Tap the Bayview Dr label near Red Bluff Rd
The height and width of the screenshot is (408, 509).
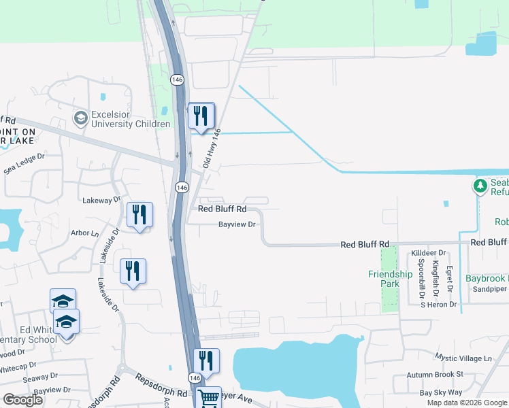point(237,224)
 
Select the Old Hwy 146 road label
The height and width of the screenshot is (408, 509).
point(212,148)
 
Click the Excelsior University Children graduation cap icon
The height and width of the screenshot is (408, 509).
point(81,118)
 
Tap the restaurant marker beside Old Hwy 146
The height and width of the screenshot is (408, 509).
point(201,116)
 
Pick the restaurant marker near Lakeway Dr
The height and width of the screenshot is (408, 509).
point(139,216)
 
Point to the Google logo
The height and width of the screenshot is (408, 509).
point(23,400)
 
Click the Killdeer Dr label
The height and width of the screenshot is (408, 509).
point(429,253)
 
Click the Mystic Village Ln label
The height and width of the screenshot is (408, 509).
point(463,358)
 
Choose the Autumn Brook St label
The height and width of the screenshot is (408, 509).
point(435,375)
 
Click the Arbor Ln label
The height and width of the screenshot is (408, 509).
point(85,233)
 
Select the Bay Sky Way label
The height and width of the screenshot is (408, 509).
point(441,392)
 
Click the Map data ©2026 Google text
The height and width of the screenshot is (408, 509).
point(466,403)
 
